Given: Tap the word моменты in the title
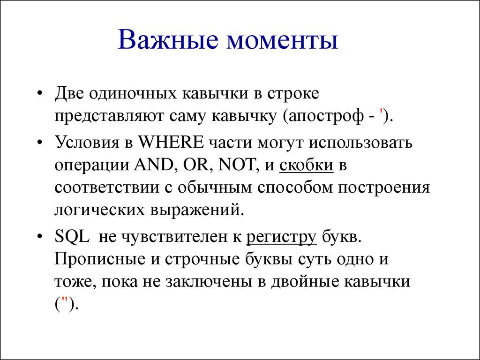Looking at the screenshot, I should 282,41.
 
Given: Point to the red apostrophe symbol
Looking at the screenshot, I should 384,115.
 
